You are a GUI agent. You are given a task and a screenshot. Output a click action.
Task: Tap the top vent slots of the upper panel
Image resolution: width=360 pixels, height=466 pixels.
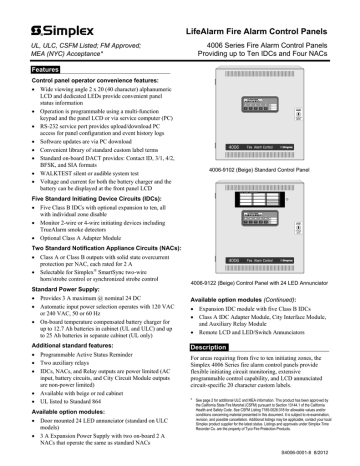click(x=258, y=73)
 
